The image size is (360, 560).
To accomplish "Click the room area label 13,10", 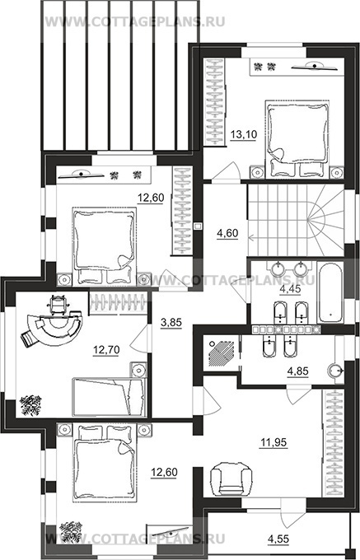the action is tap(243, 135).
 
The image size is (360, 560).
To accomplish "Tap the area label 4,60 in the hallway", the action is tap(227, 234).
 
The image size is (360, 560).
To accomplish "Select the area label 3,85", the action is tap(171, 323).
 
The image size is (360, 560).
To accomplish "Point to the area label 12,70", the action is tap(106, 350).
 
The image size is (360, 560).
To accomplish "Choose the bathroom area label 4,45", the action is tap(290, 288).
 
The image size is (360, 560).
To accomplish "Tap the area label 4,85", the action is tap(298, 371).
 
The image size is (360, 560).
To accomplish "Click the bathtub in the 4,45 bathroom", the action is tap(331, 293).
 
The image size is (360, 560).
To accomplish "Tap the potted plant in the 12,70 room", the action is tap(30, 405).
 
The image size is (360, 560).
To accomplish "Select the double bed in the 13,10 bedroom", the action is tap(297, 138).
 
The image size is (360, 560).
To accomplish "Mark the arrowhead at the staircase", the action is tap(250, 236).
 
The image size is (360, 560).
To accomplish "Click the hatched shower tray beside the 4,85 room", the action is tap(221, 352).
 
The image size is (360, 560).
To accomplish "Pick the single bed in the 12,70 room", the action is tap(110, 397).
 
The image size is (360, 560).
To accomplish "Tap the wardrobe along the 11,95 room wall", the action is tap(334, 443).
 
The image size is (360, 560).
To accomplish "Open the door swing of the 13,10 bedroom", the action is tap(227, 171).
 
